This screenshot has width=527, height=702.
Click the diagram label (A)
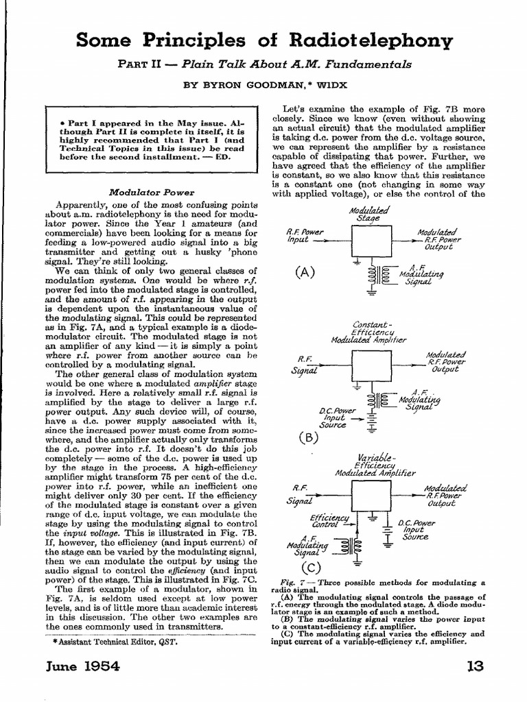click(x=304, y=271)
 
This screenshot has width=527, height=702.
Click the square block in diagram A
click(x=370, y=241)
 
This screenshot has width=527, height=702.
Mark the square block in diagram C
click(x=370, y=495)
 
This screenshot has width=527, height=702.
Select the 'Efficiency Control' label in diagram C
click(x=329, y=521)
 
